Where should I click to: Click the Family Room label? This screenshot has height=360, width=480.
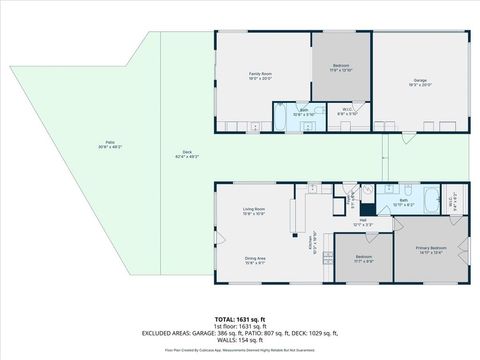click(x=260, y=76)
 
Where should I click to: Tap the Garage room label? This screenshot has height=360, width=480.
click(x=420, y=82)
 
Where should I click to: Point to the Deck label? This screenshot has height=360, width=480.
click(x=187, y=155)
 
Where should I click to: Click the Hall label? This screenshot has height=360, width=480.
click(x=364, y=222)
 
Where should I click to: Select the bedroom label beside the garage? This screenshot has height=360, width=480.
click(x=341, y=68)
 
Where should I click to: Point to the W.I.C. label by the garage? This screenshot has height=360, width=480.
click(x=341, y=114)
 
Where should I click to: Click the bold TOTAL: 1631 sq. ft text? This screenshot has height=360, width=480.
click(x=240, y=317)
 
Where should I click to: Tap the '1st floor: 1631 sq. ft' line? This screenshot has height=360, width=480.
click(x=240, y=325)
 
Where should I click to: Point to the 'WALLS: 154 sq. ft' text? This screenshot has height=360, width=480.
click(x=240, y=341)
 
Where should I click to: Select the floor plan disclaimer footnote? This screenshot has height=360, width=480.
click(x=240, y=350)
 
